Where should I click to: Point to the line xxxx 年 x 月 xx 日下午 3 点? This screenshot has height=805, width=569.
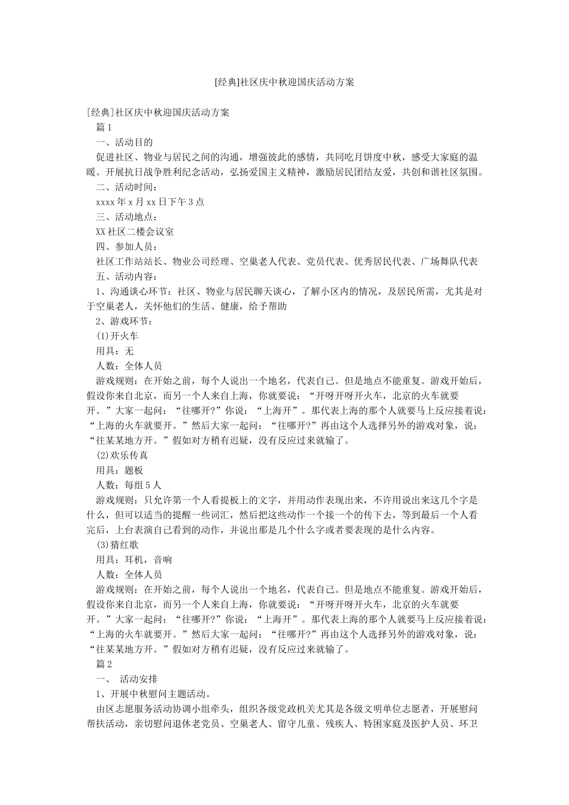[x=150, y=202]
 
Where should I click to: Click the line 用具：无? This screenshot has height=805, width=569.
[x=115, y=351]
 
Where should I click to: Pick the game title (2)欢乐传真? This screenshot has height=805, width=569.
[x=122, y=456]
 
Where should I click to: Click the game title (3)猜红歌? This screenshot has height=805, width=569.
[x=117, y=545]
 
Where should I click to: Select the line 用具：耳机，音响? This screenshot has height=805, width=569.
[x=134, y=560]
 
